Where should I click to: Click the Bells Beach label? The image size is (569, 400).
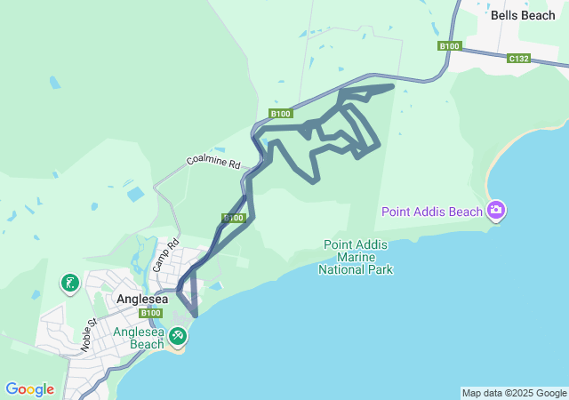525,15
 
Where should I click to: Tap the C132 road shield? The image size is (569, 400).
519,59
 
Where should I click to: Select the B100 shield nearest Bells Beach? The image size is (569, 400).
450,45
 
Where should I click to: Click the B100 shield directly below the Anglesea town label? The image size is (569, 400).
151,313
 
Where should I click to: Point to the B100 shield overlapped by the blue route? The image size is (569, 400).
234,218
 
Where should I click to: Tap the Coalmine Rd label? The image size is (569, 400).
213,163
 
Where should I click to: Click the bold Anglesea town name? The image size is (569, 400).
142,300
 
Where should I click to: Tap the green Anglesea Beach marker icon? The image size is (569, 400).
178,335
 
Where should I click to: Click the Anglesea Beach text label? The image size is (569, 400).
138,338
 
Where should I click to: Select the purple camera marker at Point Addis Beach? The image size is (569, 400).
496,211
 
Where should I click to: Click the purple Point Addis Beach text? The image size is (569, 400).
432,212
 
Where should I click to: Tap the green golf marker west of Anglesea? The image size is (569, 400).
69,284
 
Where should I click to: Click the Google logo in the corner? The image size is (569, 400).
29,389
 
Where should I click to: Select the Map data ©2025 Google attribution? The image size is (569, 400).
514,393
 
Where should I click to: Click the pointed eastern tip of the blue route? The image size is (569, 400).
393,86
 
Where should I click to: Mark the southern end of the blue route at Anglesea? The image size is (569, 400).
196,315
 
